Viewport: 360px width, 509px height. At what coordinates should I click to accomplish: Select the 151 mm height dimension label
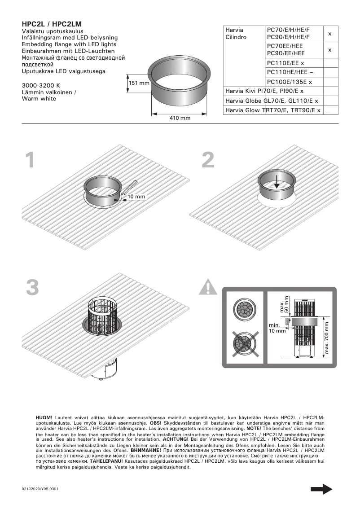[x=139, y=83]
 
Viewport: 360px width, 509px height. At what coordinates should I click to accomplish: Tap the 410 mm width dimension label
[x=180, y=118]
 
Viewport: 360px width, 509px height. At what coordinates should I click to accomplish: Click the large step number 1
[x=30, y=161]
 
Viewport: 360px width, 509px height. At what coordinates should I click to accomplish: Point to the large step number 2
[x=208, y=161]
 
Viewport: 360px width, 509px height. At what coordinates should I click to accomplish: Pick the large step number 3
[x=32, y=288]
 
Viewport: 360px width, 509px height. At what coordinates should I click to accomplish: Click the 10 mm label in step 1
[x=136, y=197]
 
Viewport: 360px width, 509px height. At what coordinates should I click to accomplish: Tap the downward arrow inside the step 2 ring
[x=277, y=182]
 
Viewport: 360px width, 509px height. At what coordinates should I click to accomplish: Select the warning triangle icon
[x=208, y=287]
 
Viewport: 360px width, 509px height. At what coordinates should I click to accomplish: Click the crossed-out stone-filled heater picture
[x=245, y=343]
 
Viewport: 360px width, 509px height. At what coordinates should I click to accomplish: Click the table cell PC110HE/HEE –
[x=290, y=72]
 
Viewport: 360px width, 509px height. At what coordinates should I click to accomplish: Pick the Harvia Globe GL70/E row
[x=272, y=101]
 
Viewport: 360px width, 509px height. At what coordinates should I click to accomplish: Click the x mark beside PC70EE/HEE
[x=330, y=50]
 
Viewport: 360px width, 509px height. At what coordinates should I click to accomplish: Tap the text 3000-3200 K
[x=41, y=85]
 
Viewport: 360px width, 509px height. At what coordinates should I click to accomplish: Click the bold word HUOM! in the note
[x=44, y=418]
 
